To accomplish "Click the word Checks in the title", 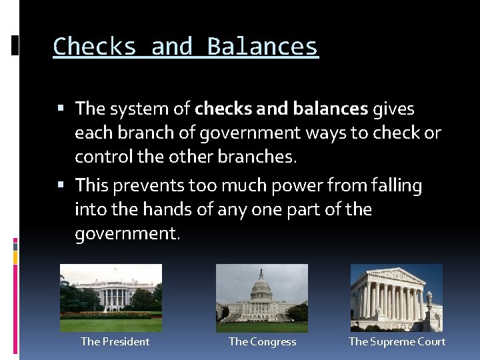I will tap(94, 47).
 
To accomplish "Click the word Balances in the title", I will tap(263, 47).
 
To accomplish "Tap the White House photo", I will tap(111, 298).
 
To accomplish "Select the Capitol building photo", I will tap(262, 298).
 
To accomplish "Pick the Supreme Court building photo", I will tap(397, 298).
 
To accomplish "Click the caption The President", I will tap(115, 342).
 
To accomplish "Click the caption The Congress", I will tap(262, 342).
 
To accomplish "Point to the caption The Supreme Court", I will tap(397, 342).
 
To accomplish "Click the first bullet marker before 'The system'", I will tap(61, 108).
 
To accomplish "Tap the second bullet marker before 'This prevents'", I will tap(61, 185).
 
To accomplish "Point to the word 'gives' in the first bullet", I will tap(393, 108).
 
